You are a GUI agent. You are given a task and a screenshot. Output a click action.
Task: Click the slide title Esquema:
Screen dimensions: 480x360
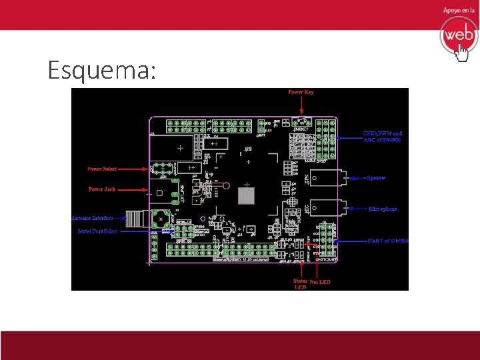(102, 70)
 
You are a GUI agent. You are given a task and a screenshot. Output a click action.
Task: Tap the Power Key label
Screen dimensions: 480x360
(301, 92)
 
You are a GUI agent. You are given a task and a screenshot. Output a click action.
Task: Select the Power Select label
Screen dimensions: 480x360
(103, 169)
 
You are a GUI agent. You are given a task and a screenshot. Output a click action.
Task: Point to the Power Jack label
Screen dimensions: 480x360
(102, 189)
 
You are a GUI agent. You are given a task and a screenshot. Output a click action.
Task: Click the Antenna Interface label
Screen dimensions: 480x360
(93, 217)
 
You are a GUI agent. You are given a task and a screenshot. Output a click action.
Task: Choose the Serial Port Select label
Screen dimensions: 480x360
(97, 231)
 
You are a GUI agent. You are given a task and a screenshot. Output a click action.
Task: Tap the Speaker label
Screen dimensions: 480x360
(377, 178)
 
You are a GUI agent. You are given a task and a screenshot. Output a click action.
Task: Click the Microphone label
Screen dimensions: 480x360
(383, 209)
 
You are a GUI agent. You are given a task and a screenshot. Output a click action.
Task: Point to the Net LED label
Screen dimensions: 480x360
(320, 282)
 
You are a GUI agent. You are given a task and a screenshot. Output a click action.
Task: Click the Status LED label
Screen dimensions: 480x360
(301, 284)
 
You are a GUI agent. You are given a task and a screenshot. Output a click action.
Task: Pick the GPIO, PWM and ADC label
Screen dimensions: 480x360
(382, 136)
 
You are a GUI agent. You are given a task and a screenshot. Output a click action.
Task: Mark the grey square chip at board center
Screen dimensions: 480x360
(247, 196)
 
